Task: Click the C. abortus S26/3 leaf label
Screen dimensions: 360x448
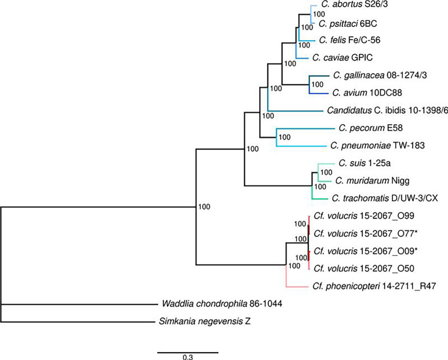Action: coord(354,8)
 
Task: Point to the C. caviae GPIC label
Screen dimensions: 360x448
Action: coord(342,58)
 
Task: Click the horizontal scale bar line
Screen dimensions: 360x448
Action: coord(188,351)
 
